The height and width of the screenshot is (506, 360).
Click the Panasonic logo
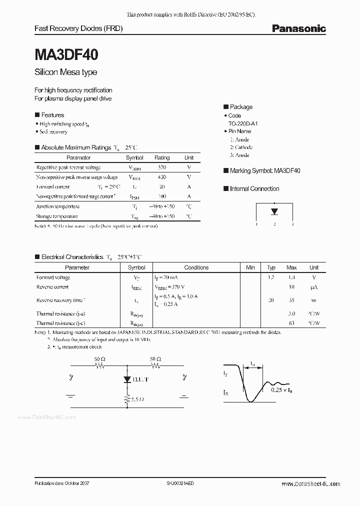coord(298,28)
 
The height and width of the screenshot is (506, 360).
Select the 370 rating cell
coord(161,167)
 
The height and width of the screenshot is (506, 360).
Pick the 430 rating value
coord(161,177)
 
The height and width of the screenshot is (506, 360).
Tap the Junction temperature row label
coord(57,206)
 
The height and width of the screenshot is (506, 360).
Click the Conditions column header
coord(196,267)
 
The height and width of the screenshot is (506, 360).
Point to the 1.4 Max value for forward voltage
coord(291,277)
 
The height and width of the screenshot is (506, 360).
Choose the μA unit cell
coord(313,287)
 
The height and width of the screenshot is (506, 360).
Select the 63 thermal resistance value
coord(291,323)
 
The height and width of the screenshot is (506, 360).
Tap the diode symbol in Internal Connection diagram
coord(274,211)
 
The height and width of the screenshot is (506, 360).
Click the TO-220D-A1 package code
coord(243,123)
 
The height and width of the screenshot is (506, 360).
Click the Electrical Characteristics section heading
coord(71,256)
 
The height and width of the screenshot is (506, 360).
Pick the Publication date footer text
coord(61,483)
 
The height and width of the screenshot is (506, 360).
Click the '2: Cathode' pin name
coord(241,147)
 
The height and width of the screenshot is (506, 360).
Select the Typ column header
coord(271,267)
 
